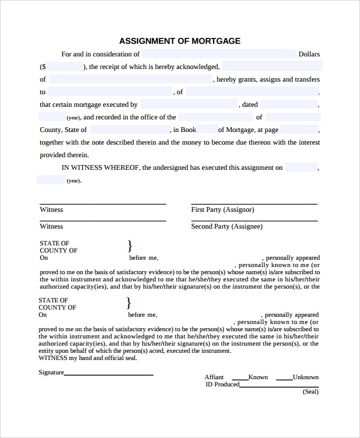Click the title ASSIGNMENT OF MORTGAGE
pyautogui.click(x=180, y=41)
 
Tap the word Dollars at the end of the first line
pyautogui.click(x=309, y=54)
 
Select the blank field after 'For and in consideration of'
pyautogui.click(x=218, y=54)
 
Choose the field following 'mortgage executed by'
pyautogui.click(x=188, y=104)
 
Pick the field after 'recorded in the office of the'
pyautogui.click(x=215, y=117)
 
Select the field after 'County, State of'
pyautogui.click(x=129, y=130)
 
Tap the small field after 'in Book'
pyautogui.click(x=207, y=130)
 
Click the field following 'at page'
pyautogui.click(x=298, y=130)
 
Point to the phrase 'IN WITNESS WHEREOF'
pyautogui.click(x=100, y=167)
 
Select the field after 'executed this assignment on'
pyautogui.click(x=301, y=167)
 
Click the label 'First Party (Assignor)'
pyautogui.click(x=223, y=209)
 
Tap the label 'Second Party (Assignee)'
pyautogui.click(x=227, y=226)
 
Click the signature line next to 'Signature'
pyautogui.click(x=109, y=374)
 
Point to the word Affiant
pyautogui.click(x=215, y=377)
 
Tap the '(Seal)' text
pyautogui.click(x=310, y=392)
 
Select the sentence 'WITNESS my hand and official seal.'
pyautogui.click(x=88, y=358)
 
